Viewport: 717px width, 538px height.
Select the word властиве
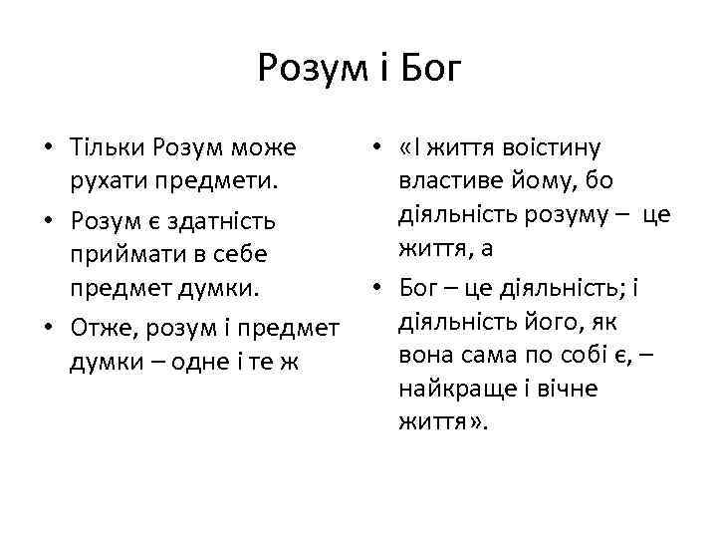(x=451, y=183)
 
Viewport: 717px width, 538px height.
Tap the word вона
(x=424, y=354)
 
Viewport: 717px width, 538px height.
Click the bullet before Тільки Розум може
(x=48, y=149)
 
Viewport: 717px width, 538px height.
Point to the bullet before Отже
(x=48, y=327)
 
